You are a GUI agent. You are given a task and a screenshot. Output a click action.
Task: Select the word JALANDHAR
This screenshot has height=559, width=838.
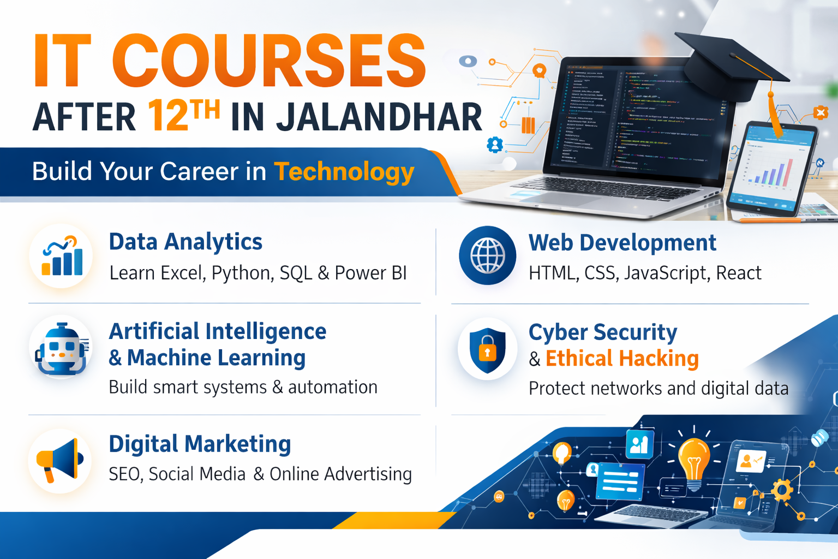point(379,117)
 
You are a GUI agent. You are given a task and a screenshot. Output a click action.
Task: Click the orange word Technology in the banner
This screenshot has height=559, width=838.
point(344,171)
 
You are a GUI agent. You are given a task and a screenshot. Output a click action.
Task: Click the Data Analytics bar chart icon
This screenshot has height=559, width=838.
point(62,257)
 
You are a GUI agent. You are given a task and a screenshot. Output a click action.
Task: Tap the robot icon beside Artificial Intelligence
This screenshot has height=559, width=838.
point(61,349)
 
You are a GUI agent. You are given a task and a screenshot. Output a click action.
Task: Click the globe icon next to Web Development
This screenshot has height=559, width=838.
point(487,255)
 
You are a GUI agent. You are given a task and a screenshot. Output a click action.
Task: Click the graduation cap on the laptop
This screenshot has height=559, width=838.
point(726,66)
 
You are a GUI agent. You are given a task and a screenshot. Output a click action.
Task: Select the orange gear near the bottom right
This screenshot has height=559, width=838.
point(782,490)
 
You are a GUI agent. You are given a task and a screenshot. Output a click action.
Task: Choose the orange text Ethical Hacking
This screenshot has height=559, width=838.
point(622,359)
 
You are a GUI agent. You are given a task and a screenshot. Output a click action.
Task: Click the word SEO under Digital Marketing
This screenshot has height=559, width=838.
point(125,474)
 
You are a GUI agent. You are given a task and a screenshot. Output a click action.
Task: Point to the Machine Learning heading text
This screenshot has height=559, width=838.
point(216,358)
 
